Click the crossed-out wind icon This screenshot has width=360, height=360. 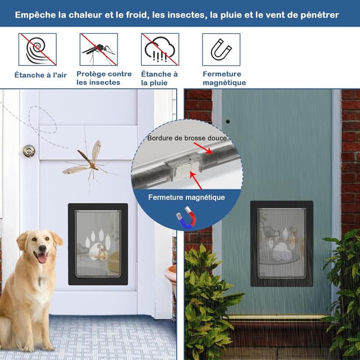(38, 49)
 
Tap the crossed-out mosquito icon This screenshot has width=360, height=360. (99, 49)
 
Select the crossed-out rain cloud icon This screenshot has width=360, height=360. (160, 49)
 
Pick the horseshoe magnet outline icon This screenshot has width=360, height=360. (221, 49)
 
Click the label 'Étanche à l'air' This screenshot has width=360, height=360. (40, 75)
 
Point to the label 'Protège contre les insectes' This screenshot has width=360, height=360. (104, 78)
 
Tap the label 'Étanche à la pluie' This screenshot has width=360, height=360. (159, 78)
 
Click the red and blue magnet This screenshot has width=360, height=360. (186, 218)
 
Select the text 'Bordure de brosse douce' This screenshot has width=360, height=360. (187, 138)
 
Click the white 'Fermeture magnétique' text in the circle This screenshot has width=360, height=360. (186, 197)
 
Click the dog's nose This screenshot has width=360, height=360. (42, 249)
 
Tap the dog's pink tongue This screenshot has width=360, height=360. (42, 259)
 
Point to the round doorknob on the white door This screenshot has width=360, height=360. (29, 151)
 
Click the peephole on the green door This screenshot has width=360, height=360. (228, 121)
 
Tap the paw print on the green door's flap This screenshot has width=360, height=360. (283, 244)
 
